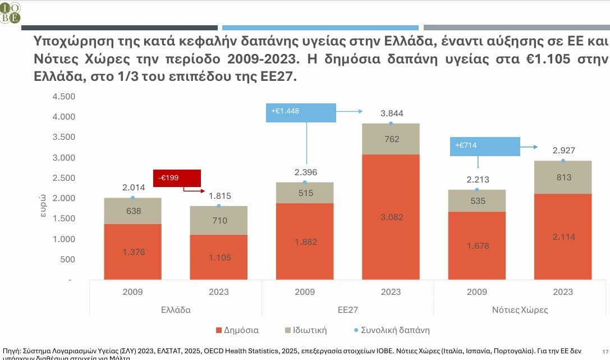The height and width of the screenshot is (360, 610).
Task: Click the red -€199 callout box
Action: pos(177,178)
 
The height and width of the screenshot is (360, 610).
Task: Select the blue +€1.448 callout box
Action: pos(301,112)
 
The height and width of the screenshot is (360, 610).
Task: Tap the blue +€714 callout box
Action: pos(485,146)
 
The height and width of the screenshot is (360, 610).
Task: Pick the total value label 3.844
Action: pos(391,113)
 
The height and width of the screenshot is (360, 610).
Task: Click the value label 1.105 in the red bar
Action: pos(218,257)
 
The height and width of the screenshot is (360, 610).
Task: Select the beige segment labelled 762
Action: pos(391,139)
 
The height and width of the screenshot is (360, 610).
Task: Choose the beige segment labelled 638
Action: pos(133,211)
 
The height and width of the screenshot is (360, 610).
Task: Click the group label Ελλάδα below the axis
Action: pos(176,310)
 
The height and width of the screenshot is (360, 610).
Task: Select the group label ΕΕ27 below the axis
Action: pos(347,310)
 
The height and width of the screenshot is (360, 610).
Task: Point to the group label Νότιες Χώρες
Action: pos(520,310)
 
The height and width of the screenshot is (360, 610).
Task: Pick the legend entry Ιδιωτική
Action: pos(306,330)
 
